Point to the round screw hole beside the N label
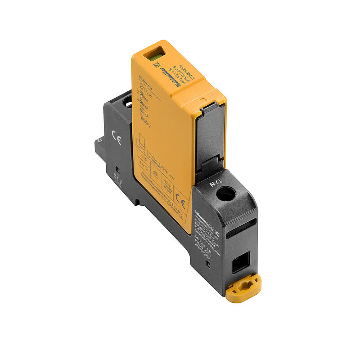click(x=226, y=194)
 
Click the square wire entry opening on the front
click(x=241, y=261)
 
